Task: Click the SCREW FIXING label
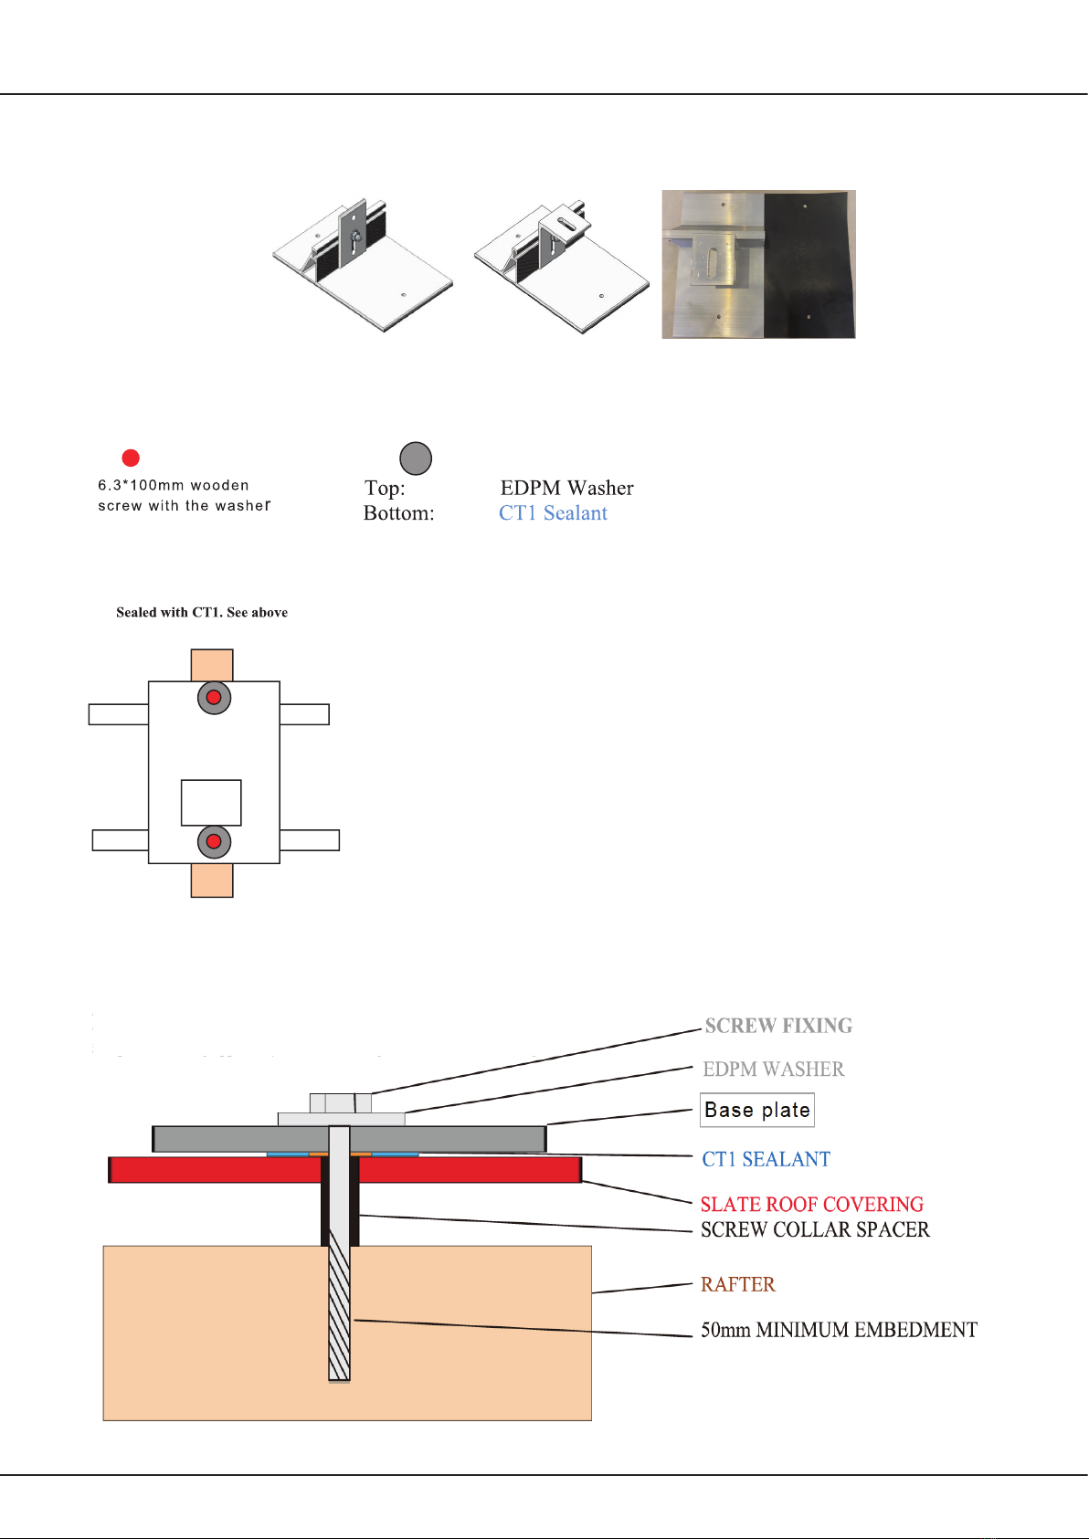point(778,1026)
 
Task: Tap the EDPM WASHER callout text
point(773,1069)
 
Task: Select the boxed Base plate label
point(757,1110)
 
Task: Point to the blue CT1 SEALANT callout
point(766,1159)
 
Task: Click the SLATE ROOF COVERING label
point(811,1204)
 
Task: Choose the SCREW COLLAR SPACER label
point(815,1229)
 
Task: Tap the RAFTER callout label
point(737,1284)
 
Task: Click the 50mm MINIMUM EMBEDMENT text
point(839,1330)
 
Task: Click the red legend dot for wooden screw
point(131,458)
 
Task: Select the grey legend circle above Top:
point(416,459)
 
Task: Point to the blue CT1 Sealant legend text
point(553,513)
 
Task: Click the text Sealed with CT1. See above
point(202,612)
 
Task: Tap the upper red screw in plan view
point(214,698)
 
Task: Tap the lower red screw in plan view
point(214,841)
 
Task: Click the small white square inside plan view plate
point(211,802)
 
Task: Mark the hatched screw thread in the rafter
point(339,1315)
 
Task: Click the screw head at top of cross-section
point(340,1102)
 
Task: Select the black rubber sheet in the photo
point(809,265)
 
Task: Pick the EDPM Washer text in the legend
point(566,488)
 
